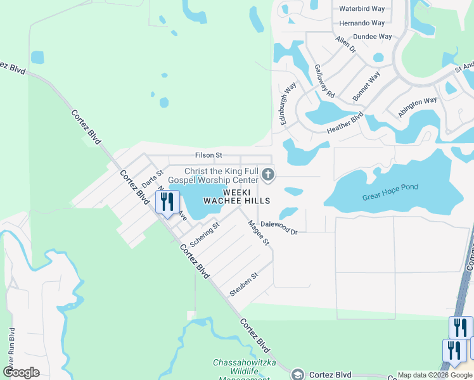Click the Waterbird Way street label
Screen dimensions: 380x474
tap(362, 9)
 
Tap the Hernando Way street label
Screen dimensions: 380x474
tap(362, 23)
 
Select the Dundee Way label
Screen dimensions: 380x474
tap(372, 37)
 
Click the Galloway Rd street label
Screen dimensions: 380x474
tap(324, 81)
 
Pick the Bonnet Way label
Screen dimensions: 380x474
tap(367, 85)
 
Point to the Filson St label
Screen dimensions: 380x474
tap(208, 155)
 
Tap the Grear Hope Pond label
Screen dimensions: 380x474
tap(390, 192)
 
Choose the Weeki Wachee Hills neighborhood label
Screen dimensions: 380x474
tap(236, 195)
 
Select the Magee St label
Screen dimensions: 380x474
tap(259, 232)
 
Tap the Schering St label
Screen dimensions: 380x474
tap(204, 235)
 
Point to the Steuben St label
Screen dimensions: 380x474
tap(244, 284)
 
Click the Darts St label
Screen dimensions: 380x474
tap(152, 178)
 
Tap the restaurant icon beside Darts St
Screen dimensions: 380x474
tap(167, 202)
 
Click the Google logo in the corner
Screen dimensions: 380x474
tap(22, 372)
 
